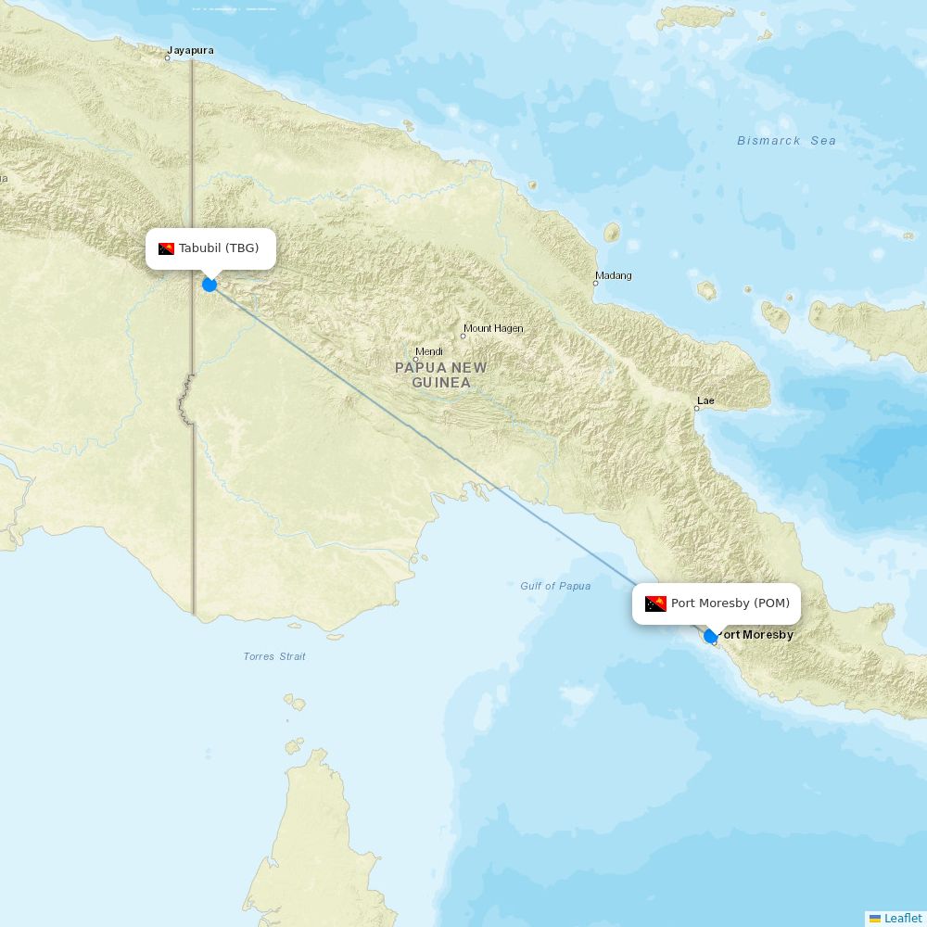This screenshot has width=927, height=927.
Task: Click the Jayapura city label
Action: (x=190, y=50)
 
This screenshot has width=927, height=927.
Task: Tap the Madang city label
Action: (x=614, y=275)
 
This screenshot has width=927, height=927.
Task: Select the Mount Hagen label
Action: (x=493, y=328)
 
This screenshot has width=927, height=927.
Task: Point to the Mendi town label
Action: (x=429, y=351)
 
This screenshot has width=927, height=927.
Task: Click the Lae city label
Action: (x=705, y=400)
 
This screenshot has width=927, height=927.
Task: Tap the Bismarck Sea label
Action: (x=786, y=141)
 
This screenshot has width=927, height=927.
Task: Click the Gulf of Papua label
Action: (x=555, y=586)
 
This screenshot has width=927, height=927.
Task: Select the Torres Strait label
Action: (x=274, y=656)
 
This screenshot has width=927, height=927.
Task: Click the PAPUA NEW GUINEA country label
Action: (x=440, y=375)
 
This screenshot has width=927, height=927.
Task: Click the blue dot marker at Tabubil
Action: (x=210, y=285)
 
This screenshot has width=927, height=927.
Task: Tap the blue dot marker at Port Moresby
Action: (x=710, y=636)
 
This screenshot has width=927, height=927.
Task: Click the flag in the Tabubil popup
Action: (x=167, y=248)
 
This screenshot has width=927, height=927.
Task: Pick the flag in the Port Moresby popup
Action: (x=655, y=603)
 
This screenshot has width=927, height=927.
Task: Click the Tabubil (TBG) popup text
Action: (x=219, y=248)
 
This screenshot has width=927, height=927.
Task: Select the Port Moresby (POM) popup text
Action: (x=730, y=603)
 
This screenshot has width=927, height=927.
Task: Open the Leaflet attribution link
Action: (x=902, y=918)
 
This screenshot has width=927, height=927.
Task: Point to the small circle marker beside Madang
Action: (x=595, y=283)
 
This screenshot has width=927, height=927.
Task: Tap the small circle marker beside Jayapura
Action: (x=168, y=58)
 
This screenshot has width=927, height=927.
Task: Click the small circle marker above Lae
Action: (x=697, y=409)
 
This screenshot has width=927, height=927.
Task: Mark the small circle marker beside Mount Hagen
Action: (x=463, y=336)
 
